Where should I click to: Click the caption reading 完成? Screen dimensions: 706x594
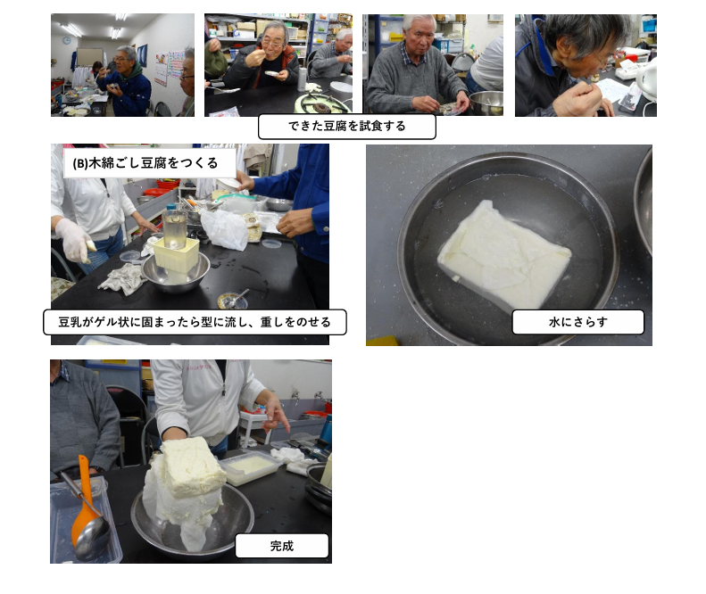[x=282, y=546]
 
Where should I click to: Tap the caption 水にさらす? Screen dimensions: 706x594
[x=578, y=322]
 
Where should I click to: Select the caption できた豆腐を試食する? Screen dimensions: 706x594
[x=346, y=126]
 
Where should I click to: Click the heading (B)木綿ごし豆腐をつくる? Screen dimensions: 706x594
[x=145, y=163]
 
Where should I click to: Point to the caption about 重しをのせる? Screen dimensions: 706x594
[x=195, y=322]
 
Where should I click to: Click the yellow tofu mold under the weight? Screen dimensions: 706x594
[x=177, y=255]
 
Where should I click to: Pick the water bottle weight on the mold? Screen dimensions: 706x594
[x=175, y=227]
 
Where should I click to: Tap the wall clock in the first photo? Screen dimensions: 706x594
[x=67, y=40]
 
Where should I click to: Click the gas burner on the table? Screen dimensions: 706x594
[x=320, y=104]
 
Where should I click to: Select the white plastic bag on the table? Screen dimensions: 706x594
[x=225, y=229]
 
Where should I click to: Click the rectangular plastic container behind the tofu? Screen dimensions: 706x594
[x=249, y=466]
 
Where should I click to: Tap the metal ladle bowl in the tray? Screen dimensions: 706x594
[x=92, y=538]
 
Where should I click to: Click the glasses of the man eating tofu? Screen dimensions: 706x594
[x=272, y=44]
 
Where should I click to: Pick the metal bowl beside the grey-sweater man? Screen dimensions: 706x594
[x=486, y=103]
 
